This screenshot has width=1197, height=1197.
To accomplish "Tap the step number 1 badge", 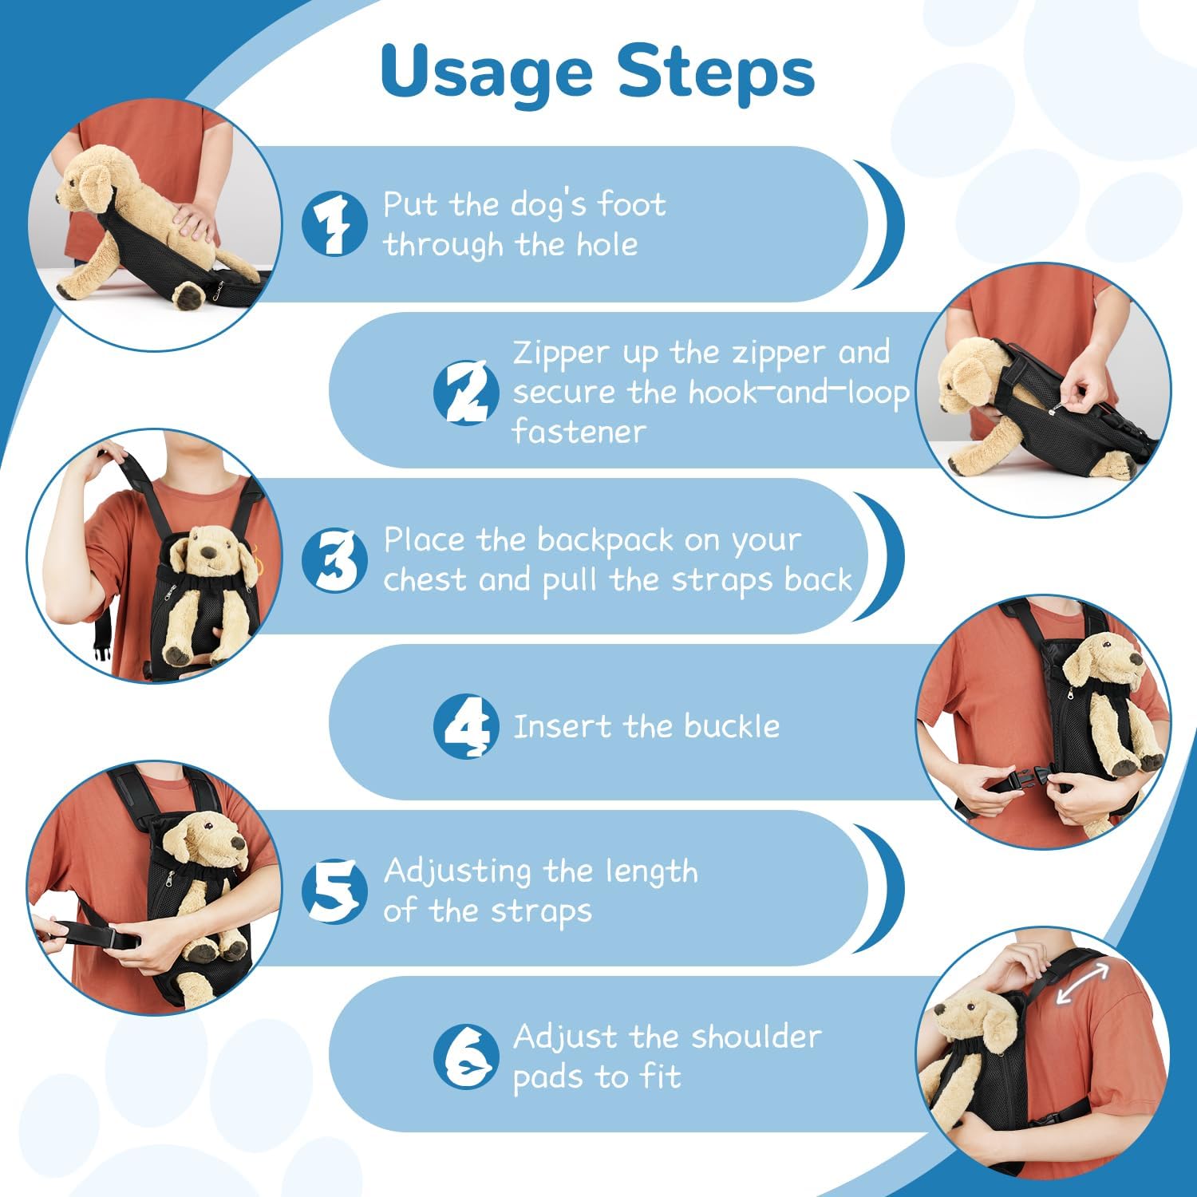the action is tap(334, 224).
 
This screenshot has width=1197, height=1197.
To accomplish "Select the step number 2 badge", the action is tap(466, 392).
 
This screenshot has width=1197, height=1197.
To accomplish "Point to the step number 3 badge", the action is tap(334, 559).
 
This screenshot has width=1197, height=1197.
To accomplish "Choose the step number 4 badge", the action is tap(466, 725).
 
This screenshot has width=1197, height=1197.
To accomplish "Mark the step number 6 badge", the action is tap(466, 1057).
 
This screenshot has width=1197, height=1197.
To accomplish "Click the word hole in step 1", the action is tap(607, 244).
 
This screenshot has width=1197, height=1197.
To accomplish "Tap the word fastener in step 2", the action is tap(579, 431).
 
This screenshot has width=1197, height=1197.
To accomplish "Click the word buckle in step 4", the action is tap(732, 726).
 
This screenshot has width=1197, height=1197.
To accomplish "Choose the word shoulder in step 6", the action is tap(756, 1037).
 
